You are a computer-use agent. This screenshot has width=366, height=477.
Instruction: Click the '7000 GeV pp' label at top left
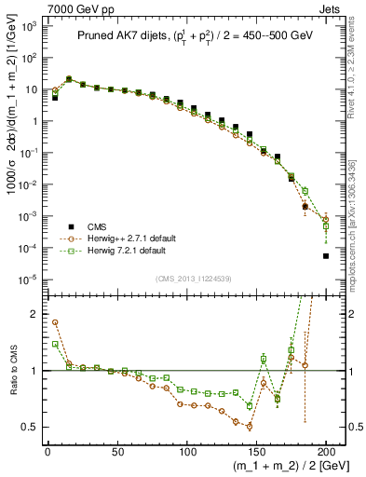35,7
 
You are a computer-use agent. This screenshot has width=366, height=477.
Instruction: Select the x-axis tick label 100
186,452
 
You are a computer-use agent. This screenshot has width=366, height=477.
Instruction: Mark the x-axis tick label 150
256,452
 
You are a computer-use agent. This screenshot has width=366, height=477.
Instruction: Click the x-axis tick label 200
326,452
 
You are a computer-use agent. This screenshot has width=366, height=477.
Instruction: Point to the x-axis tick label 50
117,452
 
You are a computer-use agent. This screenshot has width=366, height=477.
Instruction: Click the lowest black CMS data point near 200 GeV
326,256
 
